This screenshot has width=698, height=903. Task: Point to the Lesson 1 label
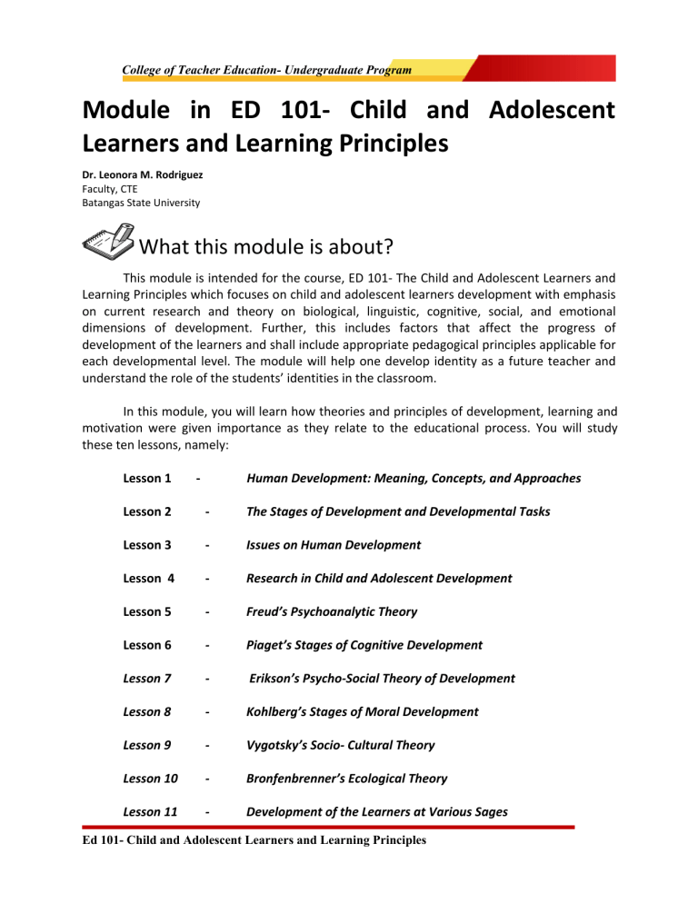click(x=144, y=478)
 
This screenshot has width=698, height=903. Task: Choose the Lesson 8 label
click(x=144, y=711)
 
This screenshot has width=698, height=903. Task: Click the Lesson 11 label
click(x=147, y=812)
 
